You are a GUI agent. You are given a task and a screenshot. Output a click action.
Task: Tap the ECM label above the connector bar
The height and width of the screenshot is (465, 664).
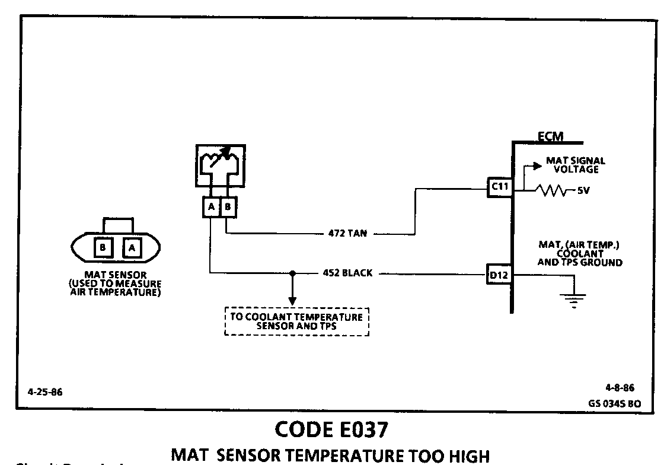[550, 137]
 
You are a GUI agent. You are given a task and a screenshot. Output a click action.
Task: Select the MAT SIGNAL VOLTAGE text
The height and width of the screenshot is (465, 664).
[575, 165]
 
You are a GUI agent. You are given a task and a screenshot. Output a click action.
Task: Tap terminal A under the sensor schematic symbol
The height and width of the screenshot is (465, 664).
[211, 207]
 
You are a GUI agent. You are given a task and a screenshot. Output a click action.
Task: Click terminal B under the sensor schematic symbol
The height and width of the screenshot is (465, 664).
[228, 207]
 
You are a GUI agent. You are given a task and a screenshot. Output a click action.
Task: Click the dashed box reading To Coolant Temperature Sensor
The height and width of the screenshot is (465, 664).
[296, 321]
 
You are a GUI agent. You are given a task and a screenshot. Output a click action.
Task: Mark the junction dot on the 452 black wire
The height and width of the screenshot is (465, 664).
[292, 274]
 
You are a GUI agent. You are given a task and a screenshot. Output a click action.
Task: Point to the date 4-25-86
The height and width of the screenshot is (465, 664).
[44, 392]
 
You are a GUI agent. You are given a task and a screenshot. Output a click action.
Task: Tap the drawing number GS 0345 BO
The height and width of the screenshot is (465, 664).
[614, 402]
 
